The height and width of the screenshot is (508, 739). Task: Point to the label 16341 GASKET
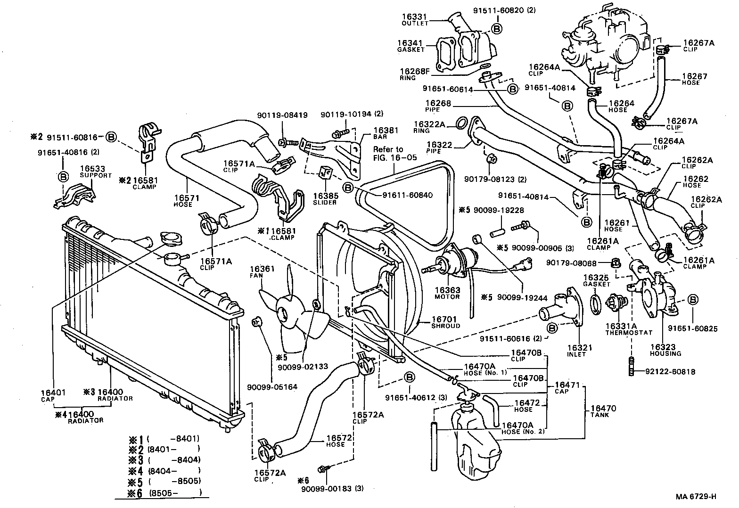pos(411,45)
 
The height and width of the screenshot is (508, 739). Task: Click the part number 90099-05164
pos(272,387)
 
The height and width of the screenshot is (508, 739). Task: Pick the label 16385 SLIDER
pos(325,198)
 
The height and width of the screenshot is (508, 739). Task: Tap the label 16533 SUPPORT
pos(95,172)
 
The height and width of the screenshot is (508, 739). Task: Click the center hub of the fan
pos(285,314)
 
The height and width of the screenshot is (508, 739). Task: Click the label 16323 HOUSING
pos(665,350)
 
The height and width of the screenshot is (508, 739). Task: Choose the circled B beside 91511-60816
pos(111,137)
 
